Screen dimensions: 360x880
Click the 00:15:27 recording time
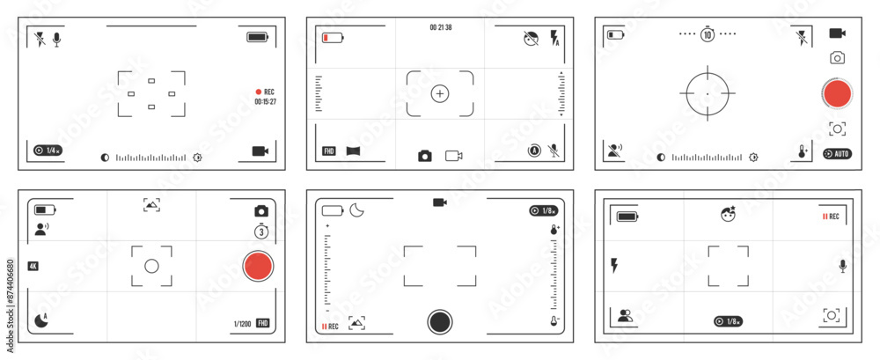266,102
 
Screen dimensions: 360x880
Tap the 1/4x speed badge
48,151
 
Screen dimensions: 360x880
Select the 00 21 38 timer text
441,28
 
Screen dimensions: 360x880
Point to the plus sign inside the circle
440,93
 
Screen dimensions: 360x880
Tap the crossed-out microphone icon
554,151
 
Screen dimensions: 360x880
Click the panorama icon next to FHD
354,151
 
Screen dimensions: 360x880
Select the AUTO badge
837,153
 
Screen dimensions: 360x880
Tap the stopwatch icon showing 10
708,34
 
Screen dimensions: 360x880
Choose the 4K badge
33,266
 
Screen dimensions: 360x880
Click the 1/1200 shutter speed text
242,324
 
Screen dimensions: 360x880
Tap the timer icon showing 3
261,231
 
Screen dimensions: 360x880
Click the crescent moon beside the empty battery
357,210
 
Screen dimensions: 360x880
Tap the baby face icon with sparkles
728,215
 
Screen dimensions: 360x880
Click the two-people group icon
626,315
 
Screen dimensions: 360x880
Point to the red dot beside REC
259,92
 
